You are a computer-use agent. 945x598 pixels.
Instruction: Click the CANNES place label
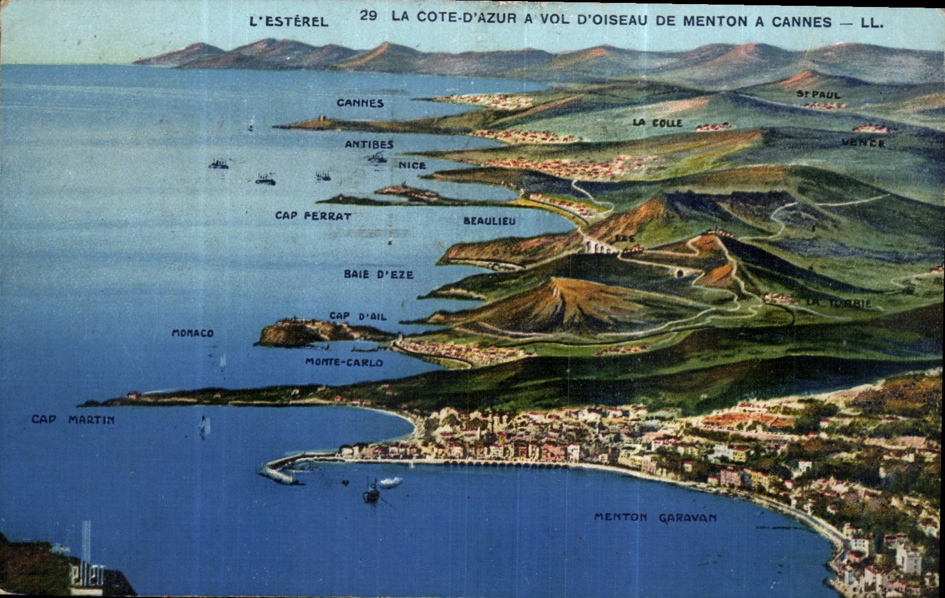point(360,103)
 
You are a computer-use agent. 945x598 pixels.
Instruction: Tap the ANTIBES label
point(369,144)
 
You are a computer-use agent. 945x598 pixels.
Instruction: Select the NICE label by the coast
point(412,165)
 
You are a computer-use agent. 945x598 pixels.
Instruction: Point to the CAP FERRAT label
point(313,215)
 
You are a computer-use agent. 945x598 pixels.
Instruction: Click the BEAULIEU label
point(489,221)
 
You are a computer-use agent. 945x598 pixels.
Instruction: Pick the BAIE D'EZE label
point(378,274)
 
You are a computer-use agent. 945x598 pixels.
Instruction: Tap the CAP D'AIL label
point(358,316)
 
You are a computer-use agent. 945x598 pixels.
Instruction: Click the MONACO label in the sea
point(193,333)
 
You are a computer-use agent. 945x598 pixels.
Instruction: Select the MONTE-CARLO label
point(344,362)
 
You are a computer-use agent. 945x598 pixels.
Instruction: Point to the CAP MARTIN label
point(73,419)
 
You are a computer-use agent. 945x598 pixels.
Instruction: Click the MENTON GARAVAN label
point(655,517)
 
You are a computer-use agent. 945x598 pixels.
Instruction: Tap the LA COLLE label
point(657,123)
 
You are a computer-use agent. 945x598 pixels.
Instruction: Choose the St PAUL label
point(818,94)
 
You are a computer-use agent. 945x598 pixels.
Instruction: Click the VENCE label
point(863,143)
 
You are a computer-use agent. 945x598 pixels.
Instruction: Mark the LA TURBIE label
point(839,303)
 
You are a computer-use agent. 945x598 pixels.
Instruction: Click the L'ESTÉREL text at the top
point(289,22)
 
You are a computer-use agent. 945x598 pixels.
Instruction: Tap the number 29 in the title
point(368,16)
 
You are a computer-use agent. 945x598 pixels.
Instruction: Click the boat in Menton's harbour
point(371,494)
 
